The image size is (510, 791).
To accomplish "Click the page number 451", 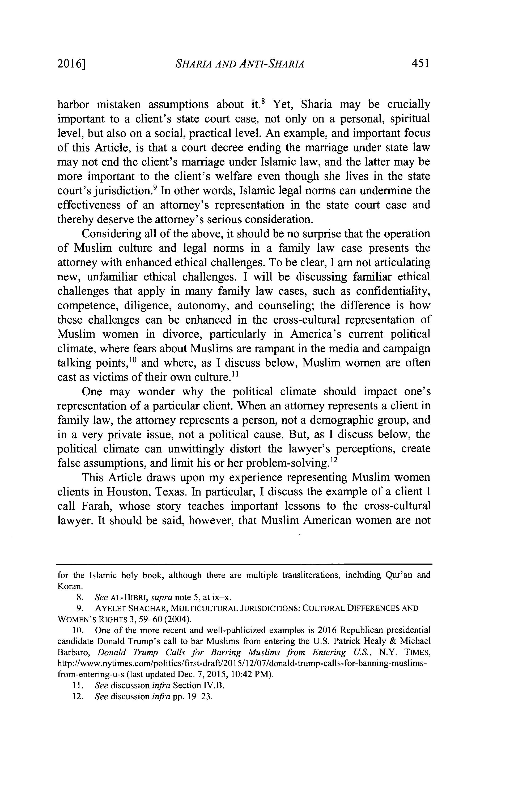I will (420, 63).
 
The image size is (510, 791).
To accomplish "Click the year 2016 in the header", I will (70, 64).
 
